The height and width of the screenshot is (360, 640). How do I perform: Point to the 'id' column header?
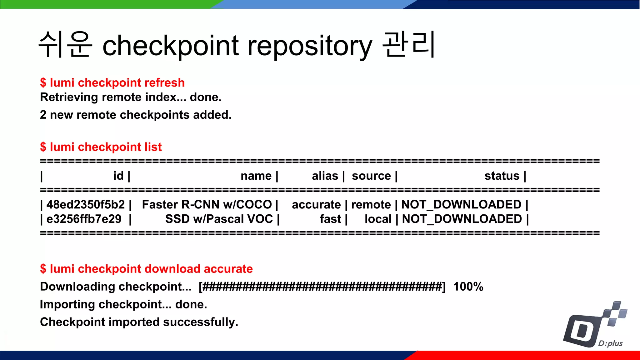tap(118, 176)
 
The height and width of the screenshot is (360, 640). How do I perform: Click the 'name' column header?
tap(256, 176)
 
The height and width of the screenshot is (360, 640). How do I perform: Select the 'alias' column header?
tap(325, 176)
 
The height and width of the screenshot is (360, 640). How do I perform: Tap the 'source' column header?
tap(371, 176)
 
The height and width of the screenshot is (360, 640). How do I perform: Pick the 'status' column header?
tap(502, 176)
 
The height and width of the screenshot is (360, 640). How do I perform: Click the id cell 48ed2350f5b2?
tap(86, 205)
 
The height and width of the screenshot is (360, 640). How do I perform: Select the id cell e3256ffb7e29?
tap(84, 219)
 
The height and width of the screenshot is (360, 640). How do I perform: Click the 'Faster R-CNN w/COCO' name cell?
tap(207, 205)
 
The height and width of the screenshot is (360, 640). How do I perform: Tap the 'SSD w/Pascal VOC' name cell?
tap(219, 219)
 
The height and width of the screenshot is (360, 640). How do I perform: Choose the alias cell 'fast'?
tap(330, 219)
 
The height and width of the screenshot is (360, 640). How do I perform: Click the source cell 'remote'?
tap(371, 205)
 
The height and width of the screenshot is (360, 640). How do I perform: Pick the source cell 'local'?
tap(378, 219)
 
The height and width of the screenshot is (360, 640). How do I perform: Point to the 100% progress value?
tap(468, 287)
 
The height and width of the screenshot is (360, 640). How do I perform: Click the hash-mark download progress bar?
tap(322, 287)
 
